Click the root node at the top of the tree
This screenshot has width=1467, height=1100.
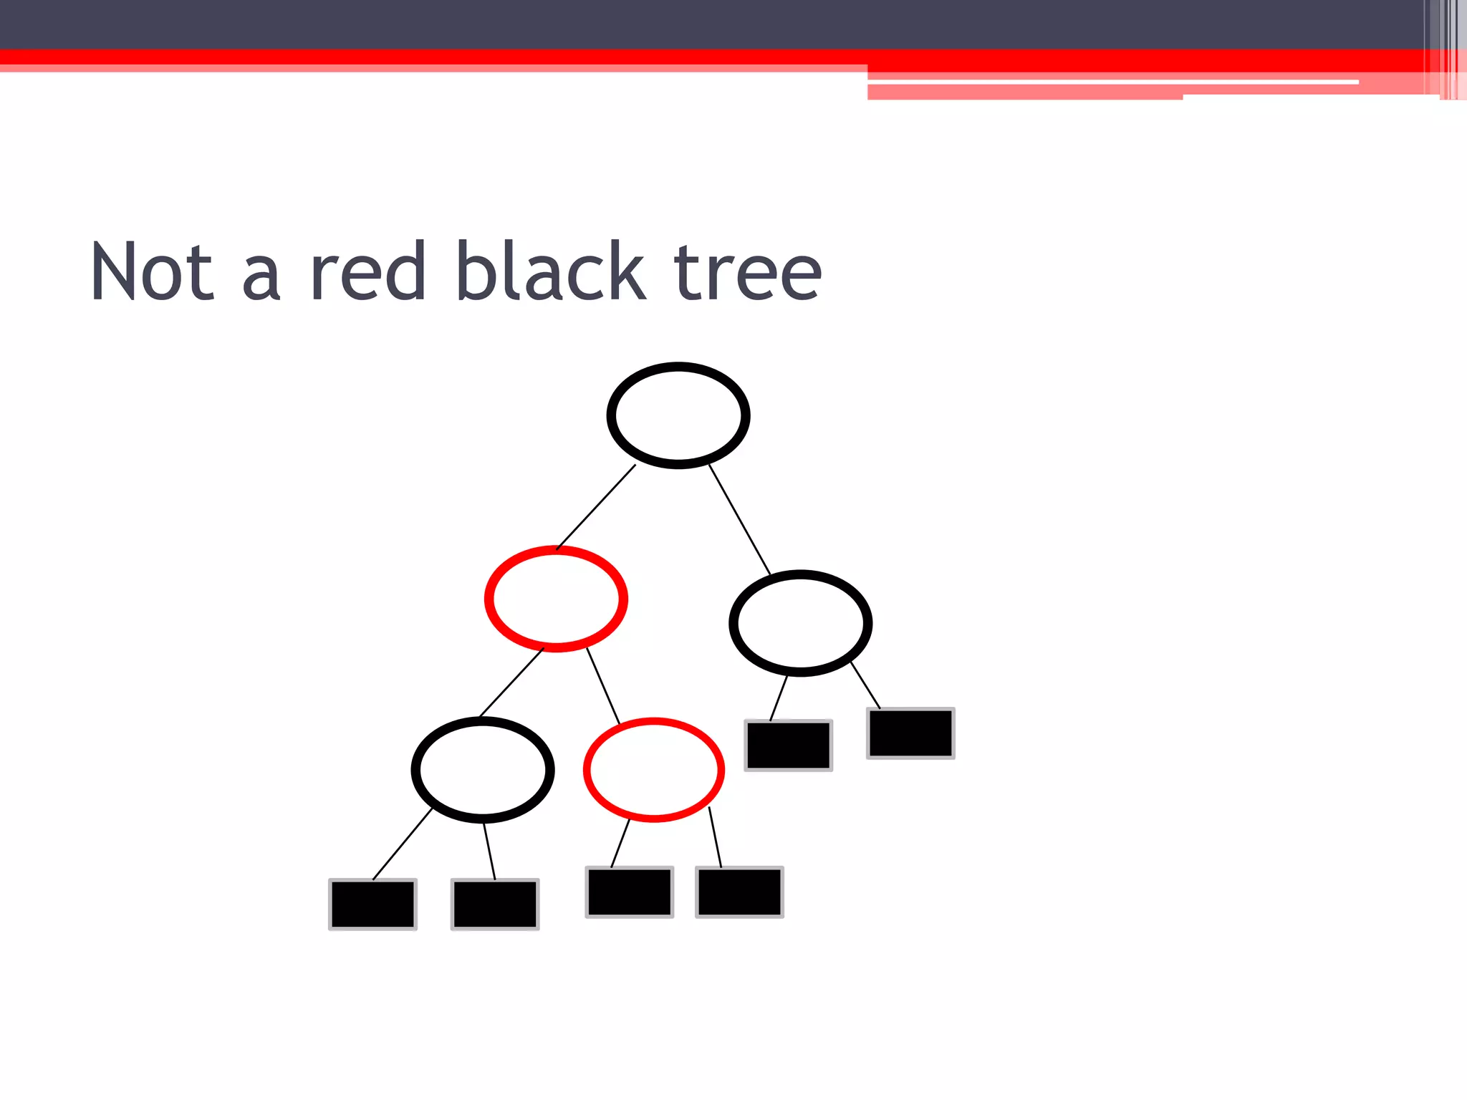pos(678,415)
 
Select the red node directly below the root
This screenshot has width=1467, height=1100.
pos(556,599)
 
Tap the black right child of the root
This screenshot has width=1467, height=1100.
pos(800,623)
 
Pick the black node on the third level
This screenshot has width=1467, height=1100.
pos(482,770)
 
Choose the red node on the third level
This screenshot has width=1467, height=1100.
pos(653,770)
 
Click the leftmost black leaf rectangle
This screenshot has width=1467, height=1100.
pos(372,904)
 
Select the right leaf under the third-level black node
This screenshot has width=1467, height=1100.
pos(495,904)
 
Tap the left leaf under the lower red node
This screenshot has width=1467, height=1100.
pos(630,892)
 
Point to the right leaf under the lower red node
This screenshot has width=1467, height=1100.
pos(739,892)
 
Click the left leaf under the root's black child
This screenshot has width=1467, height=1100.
pos(788,745)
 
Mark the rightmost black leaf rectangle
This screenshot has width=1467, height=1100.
pos(910,733)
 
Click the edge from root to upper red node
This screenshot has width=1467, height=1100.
pos(596,507)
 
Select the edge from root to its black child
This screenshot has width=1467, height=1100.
pos(739,519)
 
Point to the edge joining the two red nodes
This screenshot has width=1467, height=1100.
pos(603,685)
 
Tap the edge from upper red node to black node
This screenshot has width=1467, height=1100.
pos(511,682)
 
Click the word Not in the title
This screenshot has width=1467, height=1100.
pos(152,272)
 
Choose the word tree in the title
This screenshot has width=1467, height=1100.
pos(747,272)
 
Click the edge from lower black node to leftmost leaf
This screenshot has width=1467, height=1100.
pos(403,844)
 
